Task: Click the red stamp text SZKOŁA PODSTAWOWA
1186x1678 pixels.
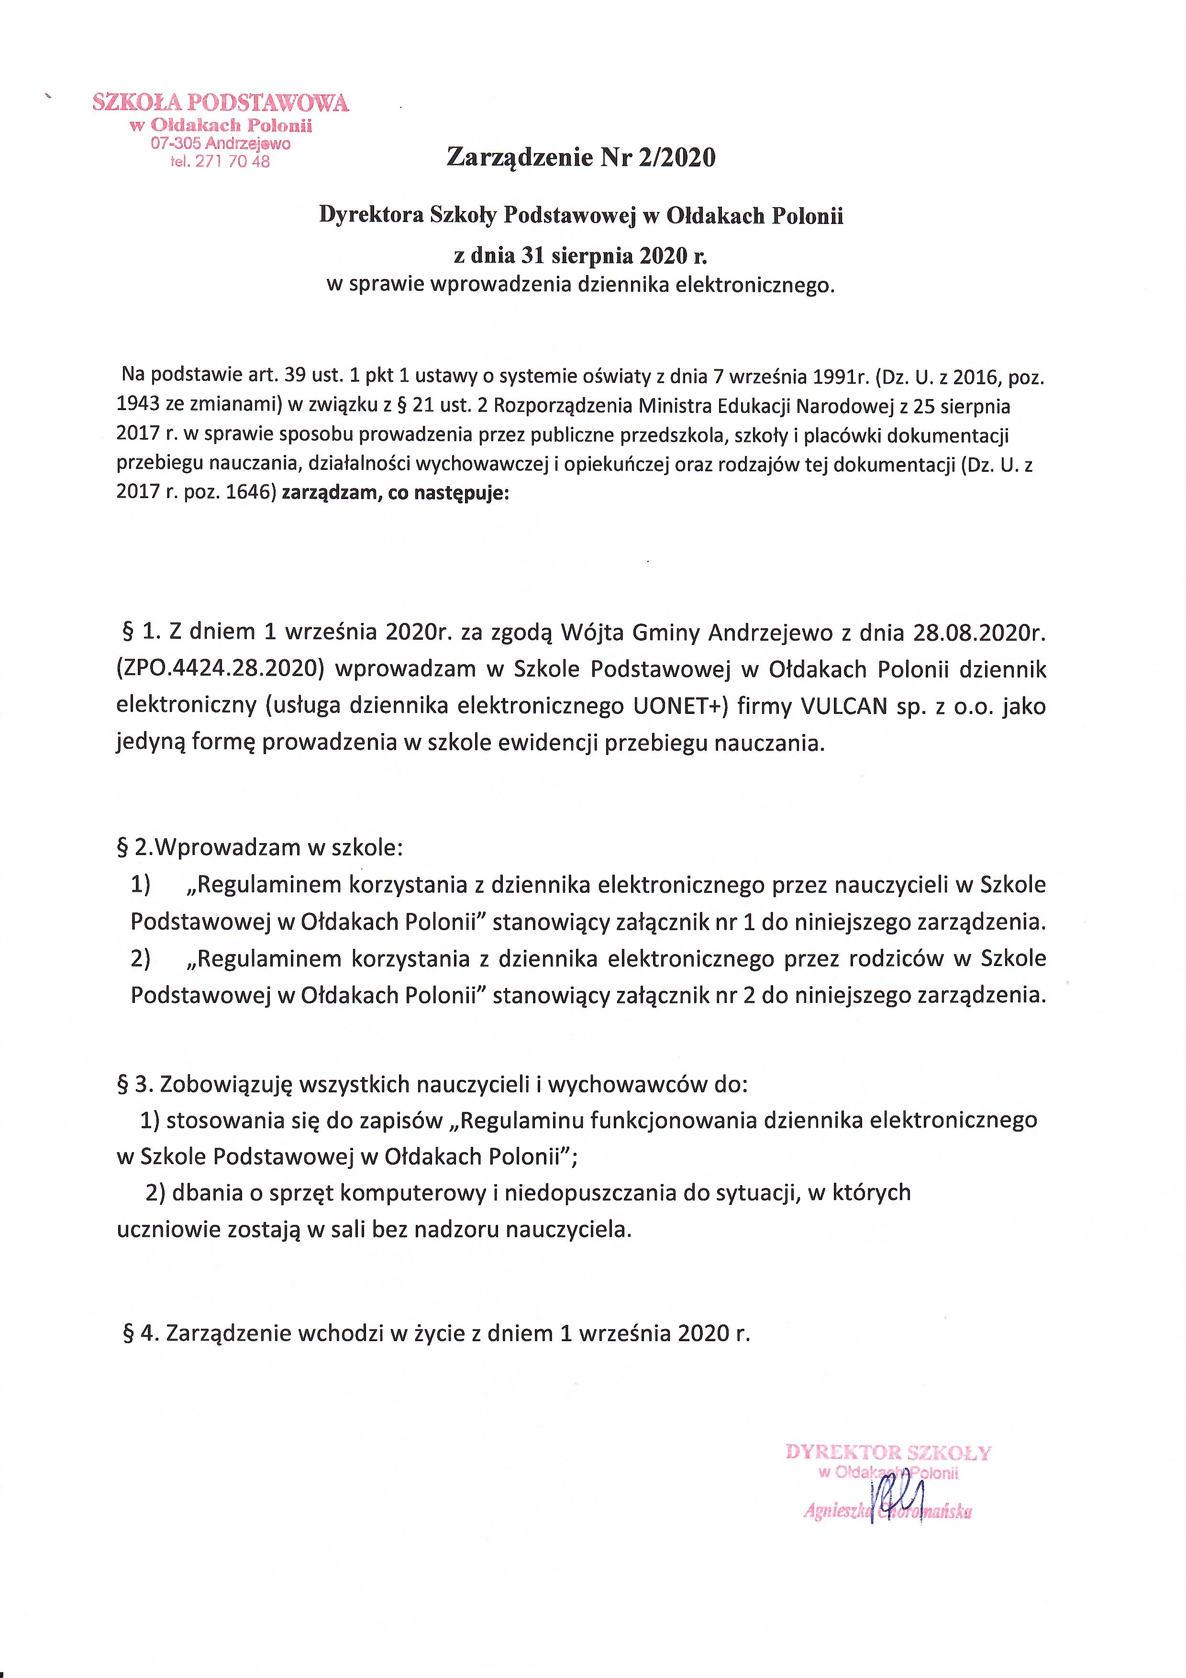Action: coord(221,103)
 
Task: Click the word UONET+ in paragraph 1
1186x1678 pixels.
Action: coord(676,706)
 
